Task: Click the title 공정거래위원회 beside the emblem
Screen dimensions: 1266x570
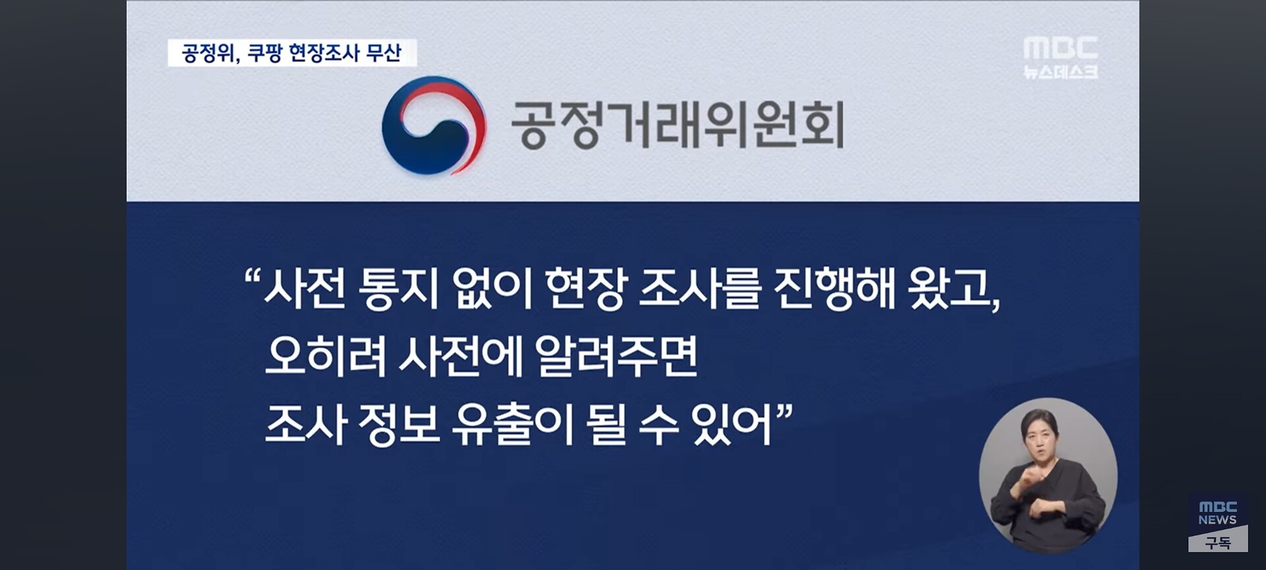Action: click(x=678, y=125)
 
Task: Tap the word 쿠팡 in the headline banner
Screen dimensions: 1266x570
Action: click(x=264, y=53)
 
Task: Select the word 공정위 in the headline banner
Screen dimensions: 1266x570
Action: click(x=206, y=53)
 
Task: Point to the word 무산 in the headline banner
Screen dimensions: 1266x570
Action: click(x=383, y=53)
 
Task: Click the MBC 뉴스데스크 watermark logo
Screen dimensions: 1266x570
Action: click(x=1060, y=57)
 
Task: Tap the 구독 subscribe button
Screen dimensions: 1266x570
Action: click(x=1218, y=542)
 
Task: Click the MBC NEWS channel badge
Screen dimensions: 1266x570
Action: click(x=1218, y=513)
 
